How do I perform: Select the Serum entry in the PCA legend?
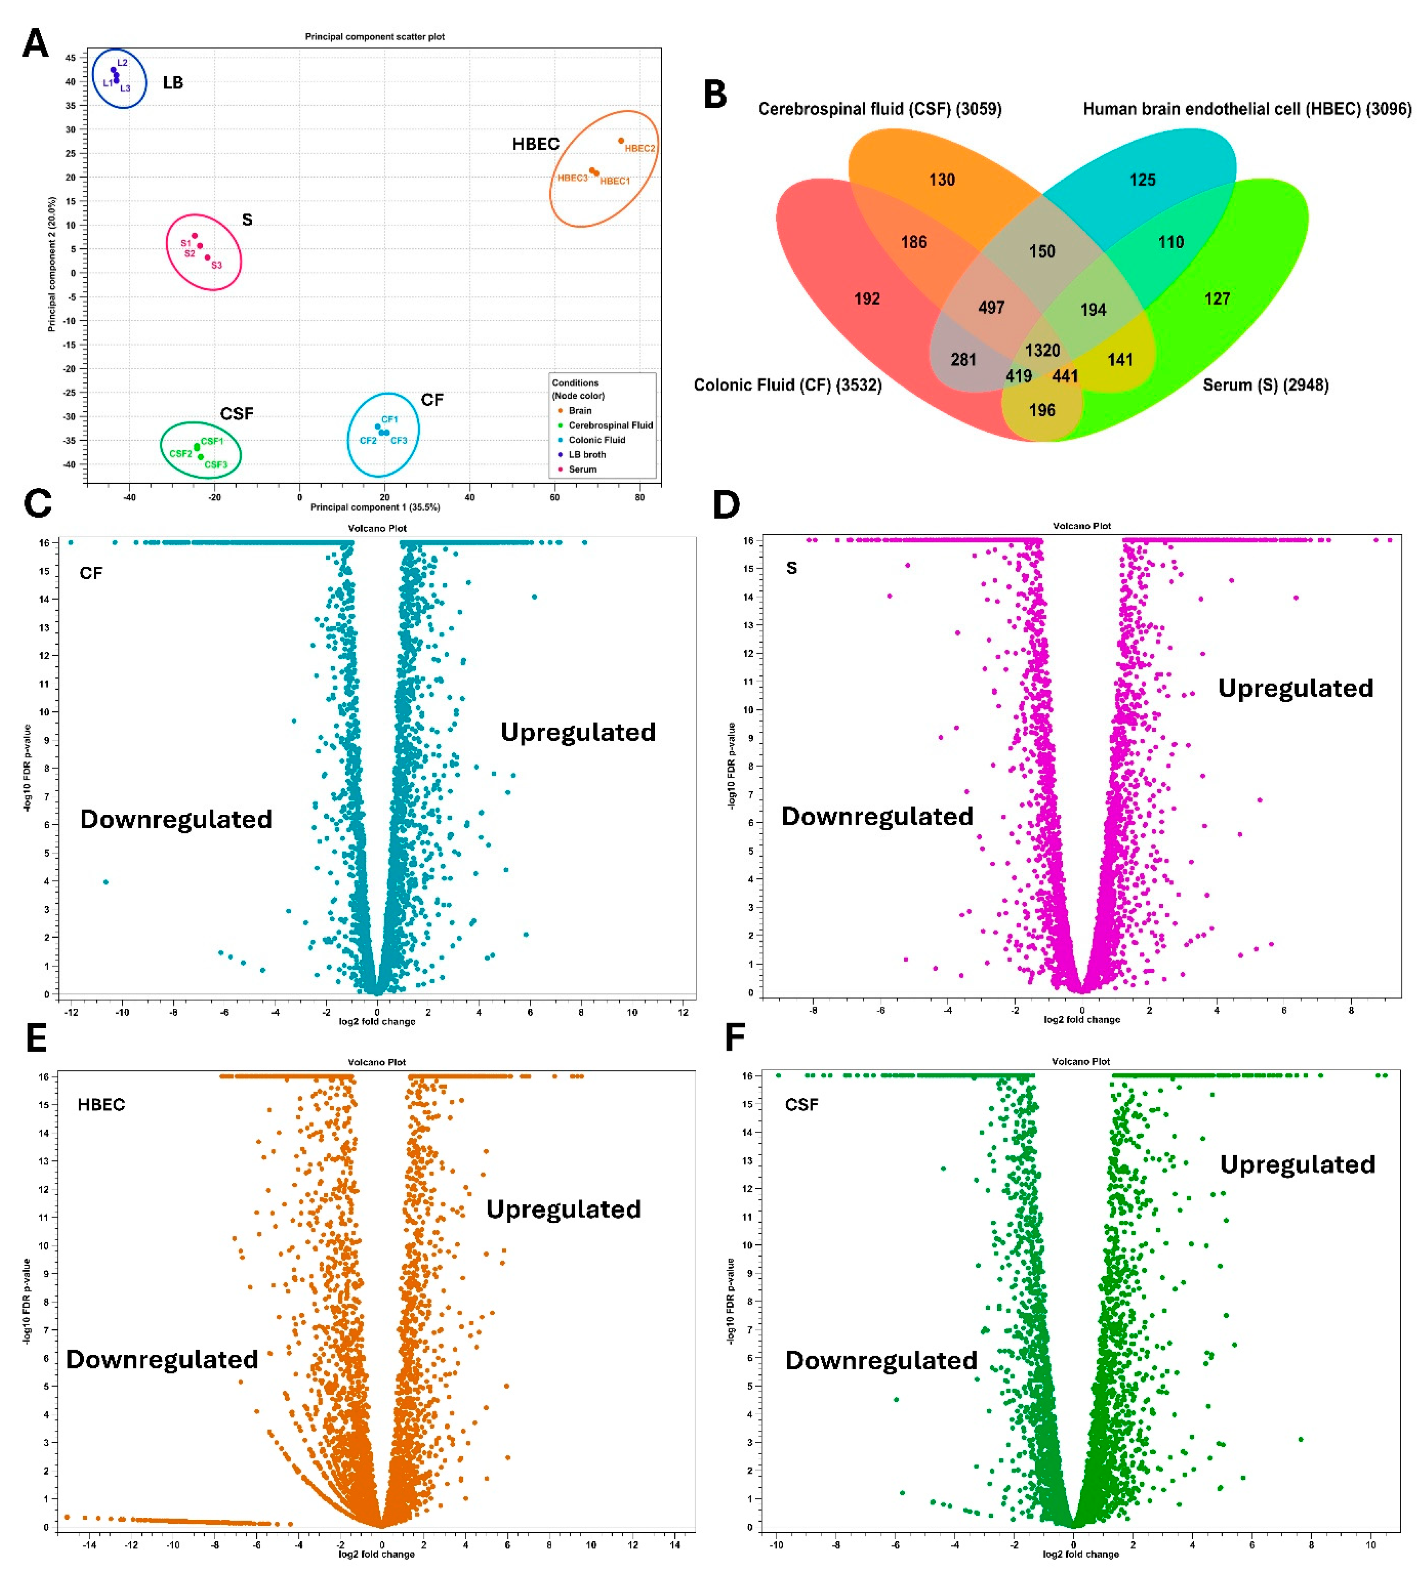pos(582,469)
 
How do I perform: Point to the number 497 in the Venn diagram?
pos(991,308)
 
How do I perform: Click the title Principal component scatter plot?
pos(374,37)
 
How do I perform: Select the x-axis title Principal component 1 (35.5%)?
pos(375,507)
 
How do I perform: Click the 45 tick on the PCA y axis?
pos(70,57)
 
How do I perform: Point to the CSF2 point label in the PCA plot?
pos(180,453)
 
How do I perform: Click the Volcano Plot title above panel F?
pos(1080,1061)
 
